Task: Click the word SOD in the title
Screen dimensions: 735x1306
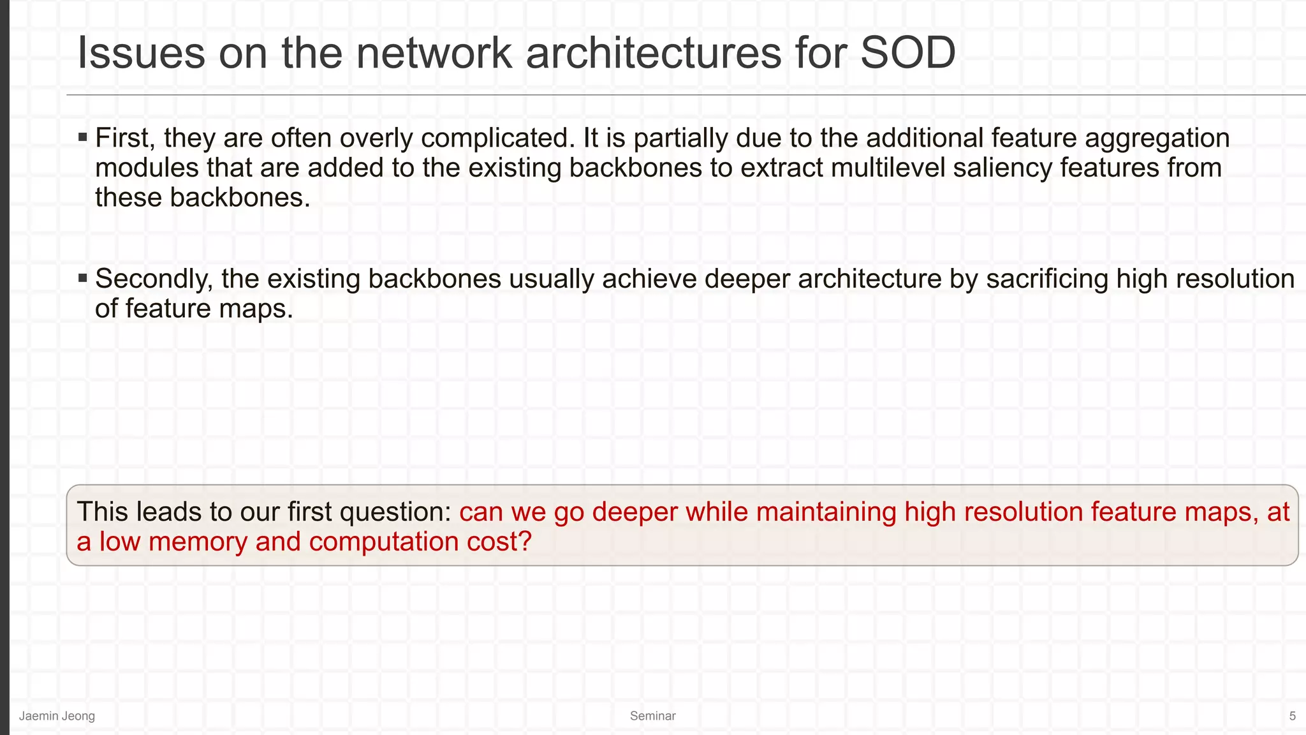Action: [x=907, y=53]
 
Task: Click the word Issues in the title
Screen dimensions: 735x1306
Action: [x=141, y=53]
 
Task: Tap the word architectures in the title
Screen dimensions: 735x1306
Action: [x=653, y=53]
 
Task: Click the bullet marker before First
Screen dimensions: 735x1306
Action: [x=82, y=137]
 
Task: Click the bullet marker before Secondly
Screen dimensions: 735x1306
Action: [x=82, y=278]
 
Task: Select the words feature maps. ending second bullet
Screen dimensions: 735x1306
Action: [x=209, y=309]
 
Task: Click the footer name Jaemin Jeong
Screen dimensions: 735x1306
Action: [x=57, y=716]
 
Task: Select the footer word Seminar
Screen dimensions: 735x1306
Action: [x=652, y=716]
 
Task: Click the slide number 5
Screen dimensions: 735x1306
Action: [x=1292, y=716]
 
